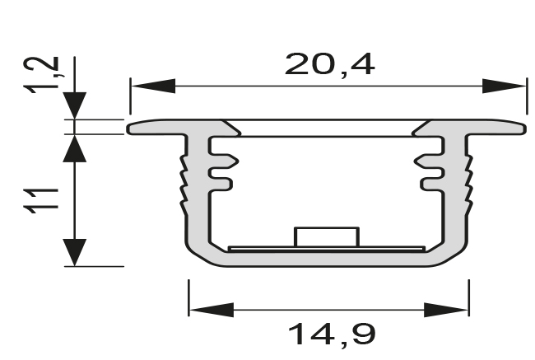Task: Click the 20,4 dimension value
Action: pos(329,63)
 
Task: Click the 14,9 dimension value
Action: pos(331,334)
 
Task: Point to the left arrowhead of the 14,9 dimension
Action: pos(211,310)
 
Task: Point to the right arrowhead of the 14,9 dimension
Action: pos(447,310)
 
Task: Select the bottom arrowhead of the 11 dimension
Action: pos(75,251)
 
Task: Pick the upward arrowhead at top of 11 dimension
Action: pos(75,149)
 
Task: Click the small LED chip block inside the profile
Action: pos(327,236)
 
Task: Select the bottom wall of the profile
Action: pos(327,259)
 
